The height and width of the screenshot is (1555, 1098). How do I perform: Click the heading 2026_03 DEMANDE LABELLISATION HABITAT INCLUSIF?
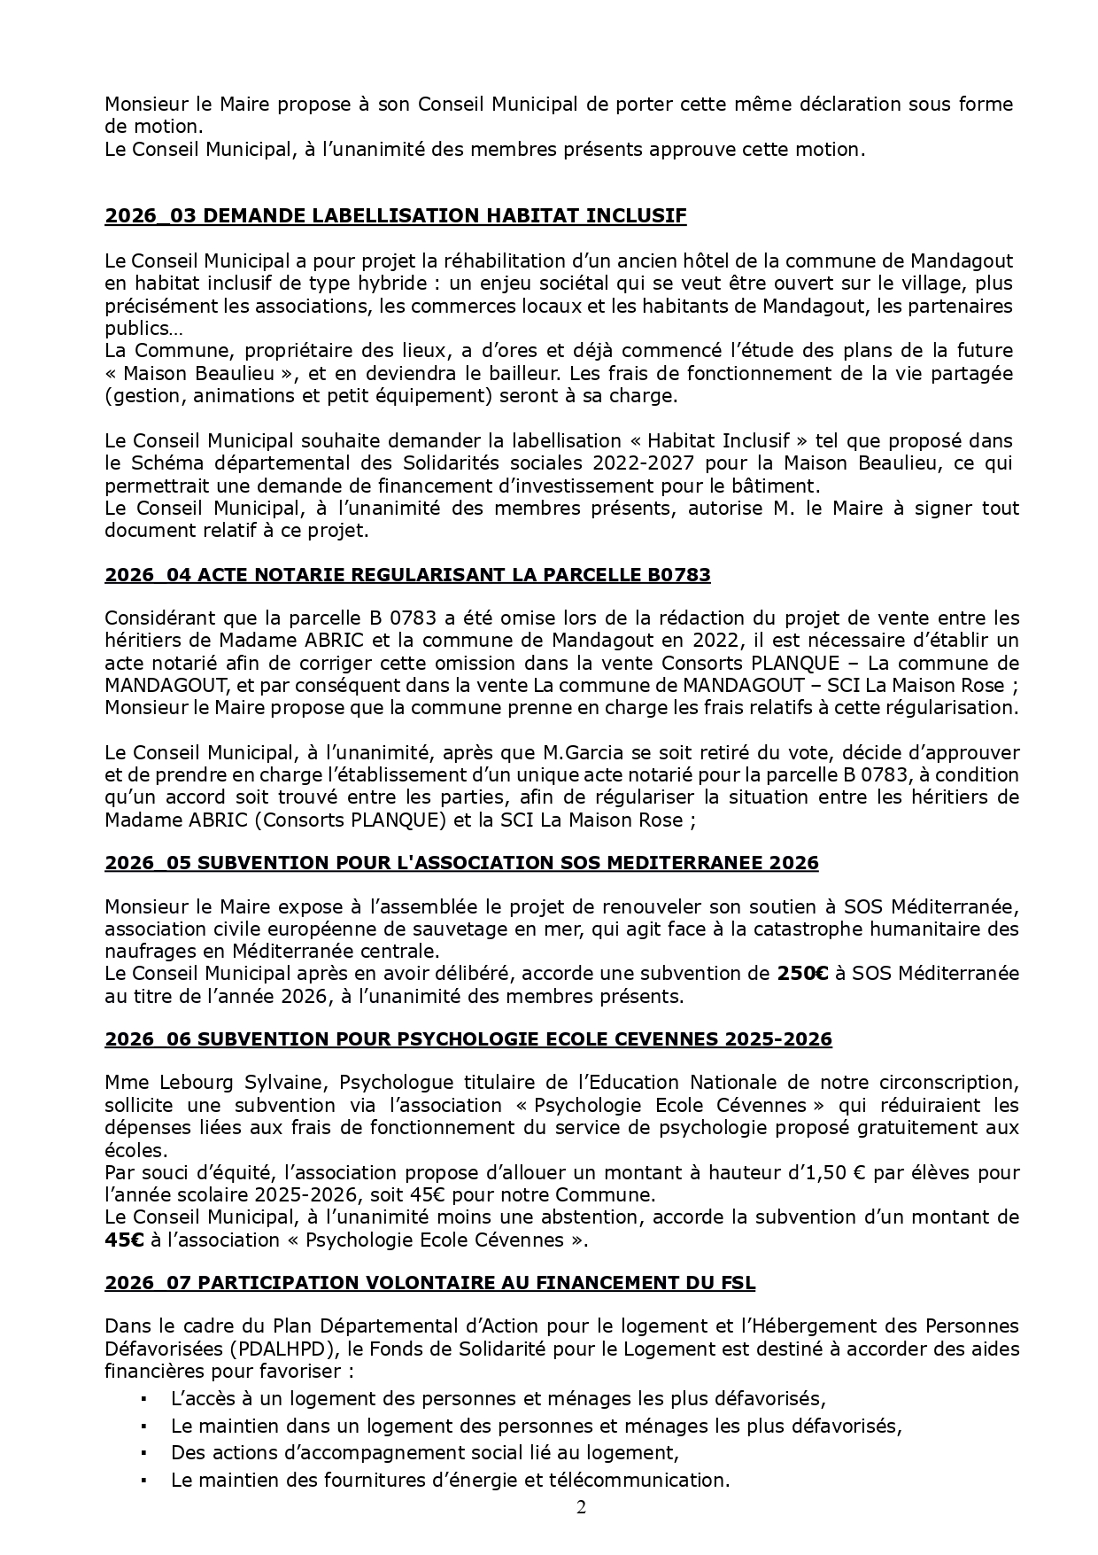tap(395, 216)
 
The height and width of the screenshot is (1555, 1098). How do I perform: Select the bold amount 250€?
tap(802, 974)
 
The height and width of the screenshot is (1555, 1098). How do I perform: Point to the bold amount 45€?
tap(124, 1240)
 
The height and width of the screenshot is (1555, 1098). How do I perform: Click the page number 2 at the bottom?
tap(581, 1507)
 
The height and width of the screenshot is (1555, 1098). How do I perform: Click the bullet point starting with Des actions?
tap(425, 1452)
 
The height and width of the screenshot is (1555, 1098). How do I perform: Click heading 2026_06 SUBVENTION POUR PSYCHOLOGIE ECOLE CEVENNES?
tap(468, 1038)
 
